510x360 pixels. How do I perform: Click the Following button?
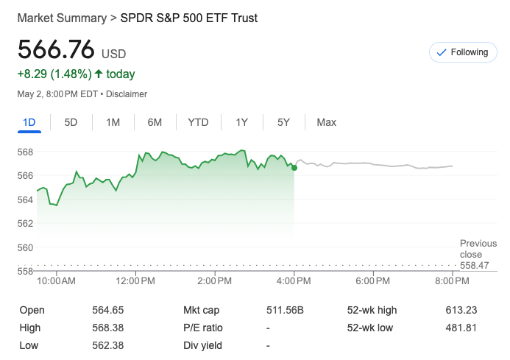click(x=462, y=52)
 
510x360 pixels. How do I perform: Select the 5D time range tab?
click(x=71, y=122)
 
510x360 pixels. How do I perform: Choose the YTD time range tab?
click(x=198, y=122)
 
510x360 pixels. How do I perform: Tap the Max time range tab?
click(x=326, y=122)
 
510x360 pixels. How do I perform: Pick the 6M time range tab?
click(x=155, y=122)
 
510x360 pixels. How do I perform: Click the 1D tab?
click(x=29, y=122)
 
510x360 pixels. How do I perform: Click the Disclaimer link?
click(x=126, y=94)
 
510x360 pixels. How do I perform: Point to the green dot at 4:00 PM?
click(x=294, y=168)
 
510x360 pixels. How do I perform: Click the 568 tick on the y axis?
click(x=25, y=152)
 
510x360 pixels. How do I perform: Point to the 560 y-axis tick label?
click(x=25, y=247)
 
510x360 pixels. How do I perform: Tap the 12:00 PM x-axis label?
click(x=136, y=281)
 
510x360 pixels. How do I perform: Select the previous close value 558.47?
click(x=474, y=265)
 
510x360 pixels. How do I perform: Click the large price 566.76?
click(x=57, y=50)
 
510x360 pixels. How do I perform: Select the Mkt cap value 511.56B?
click(x=283, y=311)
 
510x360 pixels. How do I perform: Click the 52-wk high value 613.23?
click(x=461, y=311)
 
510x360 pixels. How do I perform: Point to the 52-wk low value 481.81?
click(x=461, y=328)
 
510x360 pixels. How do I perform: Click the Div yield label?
click(x=202, y=345)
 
